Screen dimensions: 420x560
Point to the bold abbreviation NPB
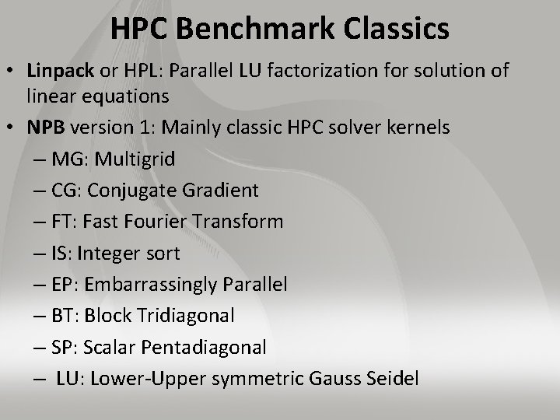coord(46,128)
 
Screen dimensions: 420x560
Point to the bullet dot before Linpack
coord(12,72)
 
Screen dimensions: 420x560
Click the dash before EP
coord(39,285)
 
